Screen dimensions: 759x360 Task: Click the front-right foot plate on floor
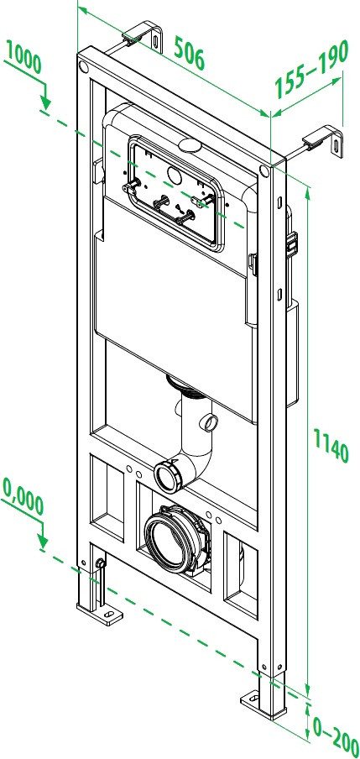[x=255, y=699]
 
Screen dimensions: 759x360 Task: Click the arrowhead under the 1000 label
[x=46, y=104]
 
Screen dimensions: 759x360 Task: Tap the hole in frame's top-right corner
[x=265, y=172]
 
